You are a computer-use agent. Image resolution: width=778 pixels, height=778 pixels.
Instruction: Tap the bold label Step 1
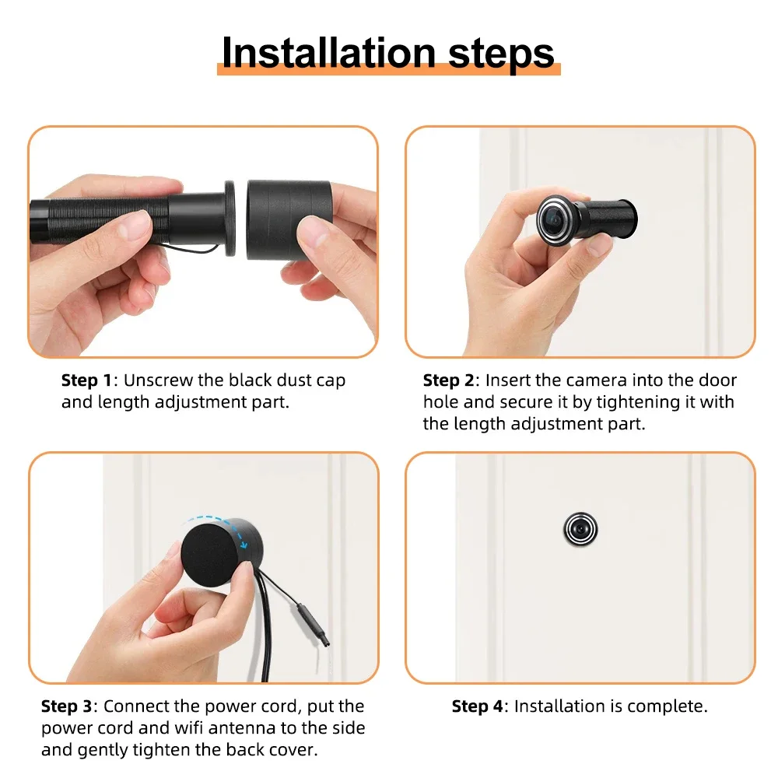pos(86,381)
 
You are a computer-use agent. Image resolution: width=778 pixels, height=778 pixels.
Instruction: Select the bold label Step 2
pos(449,381)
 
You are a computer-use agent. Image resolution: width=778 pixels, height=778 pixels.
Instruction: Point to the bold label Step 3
pos(67,706)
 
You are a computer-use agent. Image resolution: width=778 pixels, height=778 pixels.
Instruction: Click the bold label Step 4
pos(478,706)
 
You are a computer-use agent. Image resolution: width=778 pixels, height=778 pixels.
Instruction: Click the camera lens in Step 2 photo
pos(552,216)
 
